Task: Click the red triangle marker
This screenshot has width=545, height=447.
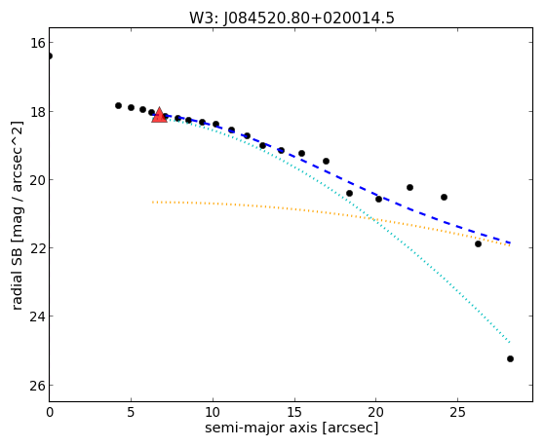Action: pos(159,115)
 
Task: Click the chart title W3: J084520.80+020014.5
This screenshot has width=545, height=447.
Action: pos(292,19)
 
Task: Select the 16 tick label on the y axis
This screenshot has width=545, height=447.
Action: pos(36,43)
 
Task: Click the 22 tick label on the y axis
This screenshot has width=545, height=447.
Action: pos(36,248)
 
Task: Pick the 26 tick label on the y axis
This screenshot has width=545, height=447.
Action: pos(36,386)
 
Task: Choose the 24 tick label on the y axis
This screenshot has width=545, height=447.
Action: pos(36,317)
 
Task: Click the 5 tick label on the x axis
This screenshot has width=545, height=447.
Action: pos(131,413)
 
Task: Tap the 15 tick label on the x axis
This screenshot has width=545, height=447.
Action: pos(294,413)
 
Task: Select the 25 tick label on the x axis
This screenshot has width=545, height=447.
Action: pos(458,413)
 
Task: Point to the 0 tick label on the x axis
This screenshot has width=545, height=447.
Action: pos(50,413)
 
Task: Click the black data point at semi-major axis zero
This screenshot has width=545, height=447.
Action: pos(50,56)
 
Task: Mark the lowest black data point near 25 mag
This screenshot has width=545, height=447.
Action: pos(510,358)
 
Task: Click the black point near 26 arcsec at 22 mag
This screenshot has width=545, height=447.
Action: pos(478,243)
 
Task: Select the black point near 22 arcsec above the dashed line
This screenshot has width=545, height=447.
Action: pos(409,187)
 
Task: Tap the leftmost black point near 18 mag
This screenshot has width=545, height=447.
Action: pos(118,105)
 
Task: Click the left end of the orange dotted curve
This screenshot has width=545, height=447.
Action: pos(153,202)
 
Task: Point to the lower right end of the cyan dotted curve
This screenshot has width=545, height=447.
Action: pos(510,343)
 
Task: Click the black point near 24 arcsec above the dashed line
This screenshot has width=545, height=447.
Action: pos(444,197)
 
